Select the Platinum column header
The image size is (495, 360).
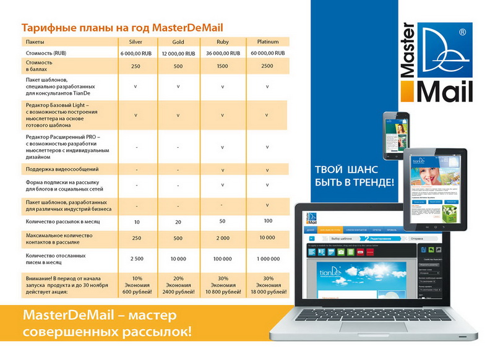266,41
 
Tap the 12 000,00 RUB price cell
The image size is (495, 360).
178,54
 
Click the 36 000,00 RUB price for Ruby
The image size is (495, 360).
222,54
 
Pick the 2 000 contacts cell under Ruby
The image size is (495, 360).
222,238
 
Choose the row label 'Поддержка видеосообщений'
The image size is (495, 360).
62,169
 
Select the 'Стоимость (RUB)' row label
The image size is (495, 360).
47,54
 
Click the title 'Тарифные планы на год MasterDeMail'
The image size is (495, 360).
122,28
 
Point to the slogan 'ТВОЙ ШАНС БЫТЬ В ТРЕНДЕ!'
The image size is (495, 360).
354,175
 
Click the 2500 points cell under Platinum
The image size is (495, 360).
266,66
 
